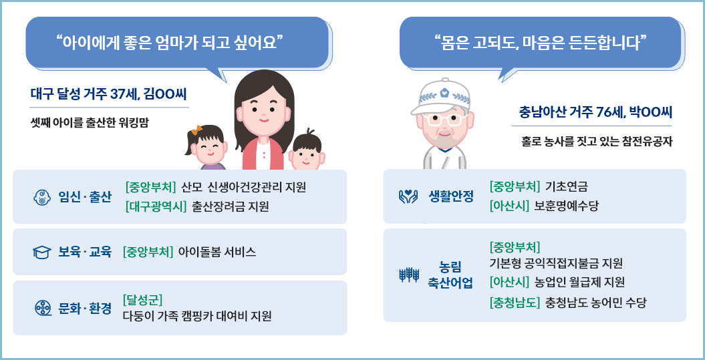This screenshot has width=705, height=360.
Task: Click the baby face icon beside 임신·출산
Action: click(x=42, y=197)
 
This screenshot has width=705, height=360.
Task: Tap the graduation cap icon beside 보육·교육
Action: click(x=41, y=252)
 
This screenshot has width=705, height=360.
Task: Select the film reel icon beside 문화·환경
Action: click(x=42, y=308)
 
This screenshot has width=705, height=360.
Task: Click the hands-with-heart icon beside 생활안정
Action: click(x=408, y=196)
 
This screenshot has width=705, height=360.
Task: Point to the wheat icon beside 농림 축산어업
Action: click(x=408, y=274)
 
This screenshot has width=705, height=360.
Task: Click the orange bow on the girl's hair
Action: click(x=196, y=131)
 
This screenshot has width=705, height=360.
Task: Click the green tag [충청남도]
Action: click(x=515, y=302)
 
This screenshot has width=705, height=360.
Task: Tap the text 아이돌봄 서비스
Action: click(x=217, y=252)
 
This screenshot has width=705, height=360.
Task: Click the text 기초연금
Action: click(x=567, y=186)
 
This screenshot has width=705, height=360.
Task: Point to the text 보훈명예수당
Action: click(x=566, y=206)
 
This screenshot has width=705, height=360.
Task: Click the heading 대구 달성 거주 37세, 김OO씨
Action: click(x=110, y=94)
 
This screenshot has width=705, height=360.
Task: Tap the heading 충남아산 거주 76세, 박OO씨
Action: click(x=595, y=112)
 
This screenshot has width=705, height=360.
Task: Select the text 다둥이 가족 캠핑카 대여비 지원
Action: click(x=197, y=316)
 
